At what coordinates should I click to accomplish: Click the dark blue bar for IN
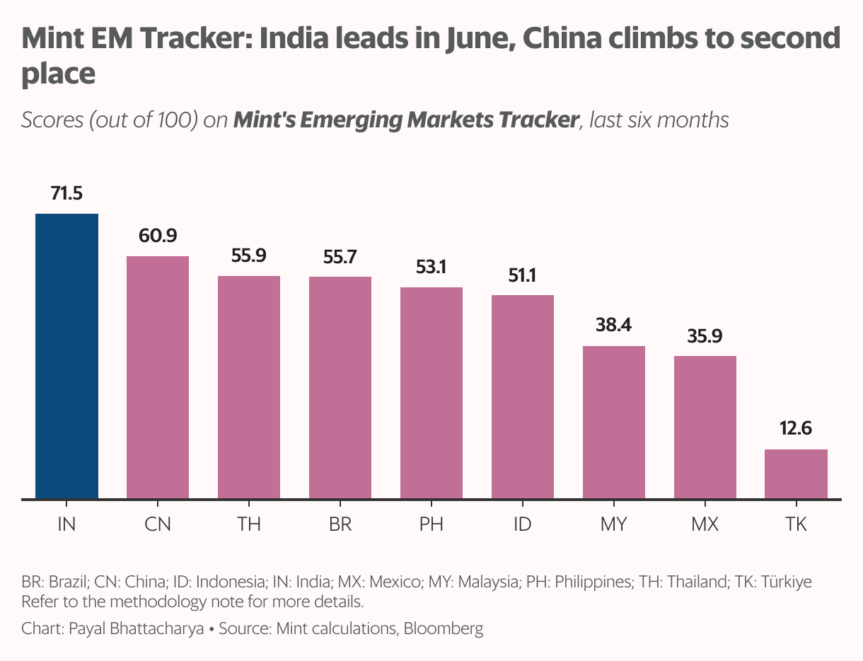click(66, 356)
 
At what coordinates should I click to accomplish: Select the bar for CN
click(158, 377)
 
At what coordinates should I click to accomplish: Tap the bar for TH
click(249, 387)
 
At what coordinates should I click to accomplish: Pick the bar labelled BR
click(340, 388)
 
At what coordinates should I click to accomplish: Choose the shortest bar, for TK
click(796, 474)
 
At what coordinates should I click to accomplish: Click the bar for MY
click(613, 423)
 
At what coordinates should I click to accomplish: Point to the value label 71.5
click(66, 192)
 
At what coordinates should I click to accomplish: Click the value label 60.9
click(158, 236)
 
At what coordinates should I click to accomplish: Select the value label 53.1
click(431, 267)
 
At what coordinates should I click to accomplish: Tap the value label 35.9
click(705, 335)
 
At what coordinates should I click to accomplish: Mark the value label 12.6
click(796, 429)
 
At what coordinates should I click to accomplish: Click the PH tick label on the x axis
click(431, 524)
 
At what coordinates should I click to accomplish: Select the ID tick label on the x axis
click(522, 524)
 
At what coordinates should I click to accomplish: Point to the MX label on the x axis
click(705, 524)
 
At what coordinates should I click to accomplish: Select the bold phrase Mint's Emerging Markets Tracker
click(406, 120)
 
